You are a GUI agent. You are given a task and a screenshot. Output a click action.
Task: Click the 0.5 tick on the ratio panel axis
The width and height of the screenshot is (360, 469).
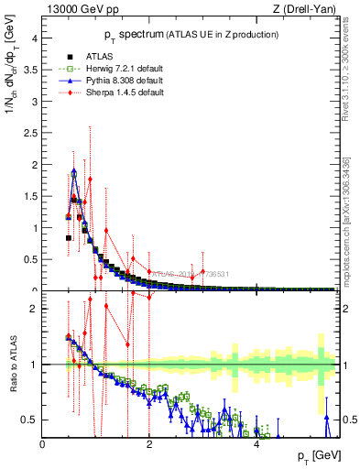tap(30, 420)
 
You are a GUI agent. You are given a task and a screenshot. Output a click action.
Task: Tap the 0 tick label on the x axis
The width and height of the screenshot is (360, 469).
tap(43, 444)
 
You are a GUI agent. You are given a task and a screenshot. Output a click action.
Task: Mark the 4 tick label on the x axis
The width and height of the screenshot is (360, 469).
tap(256, 444)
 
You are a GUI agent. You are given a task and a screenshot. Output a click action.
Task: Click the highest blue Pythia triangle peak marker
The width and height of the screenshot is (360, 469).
tap(74, 172)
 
